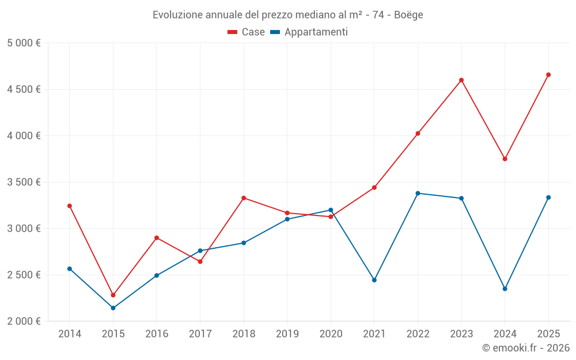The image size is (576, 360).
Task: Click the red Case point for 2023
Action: tap(461, 80)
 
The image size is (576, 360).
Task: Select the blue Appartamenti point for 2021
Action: tap(374, 280)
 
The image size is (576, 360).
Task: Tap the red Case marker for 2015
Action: tap(113, 295)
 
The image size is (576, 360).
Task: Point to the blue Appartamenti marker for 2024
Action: tap(505, 289)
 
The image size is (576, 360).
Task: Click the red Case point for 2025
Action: tap(548, 75)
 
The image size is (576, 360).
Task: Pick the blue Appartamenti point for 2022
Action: tap(418, 193)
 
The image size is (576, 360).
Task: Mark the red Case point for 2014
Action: tap(70, 206)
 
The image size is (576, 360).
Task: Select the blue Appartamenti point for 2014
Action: tap(70, 268)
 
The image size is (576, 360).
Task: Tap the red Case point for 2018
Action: tap(244, 198)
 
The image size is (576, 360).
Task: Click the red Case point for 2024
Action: tap(505, 159)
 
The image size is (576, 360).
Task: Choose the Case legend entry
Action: tap(247, 32)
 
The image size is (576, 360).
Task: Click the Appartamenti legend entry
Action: tap(309, 32)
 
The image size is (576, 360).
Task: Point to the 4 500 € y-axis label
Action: tap(24, 89)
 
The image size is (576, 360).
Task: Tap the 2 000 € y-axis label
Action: tap(24, 321)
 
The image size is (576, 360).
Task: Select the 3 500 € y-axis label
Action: tap(24, 182)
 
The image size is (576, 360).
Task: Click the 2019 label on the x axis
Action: tap(287, 334)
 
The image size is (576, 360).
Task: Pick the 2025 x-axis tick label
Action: tap(548, 334)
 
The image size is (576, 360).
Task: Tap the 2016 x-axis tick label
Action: tap(157, 334)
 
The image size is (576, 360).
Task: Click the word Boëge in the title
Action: tap(409, 15)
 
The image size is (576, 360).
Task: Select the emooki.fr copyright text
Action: tap(526, 348)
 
